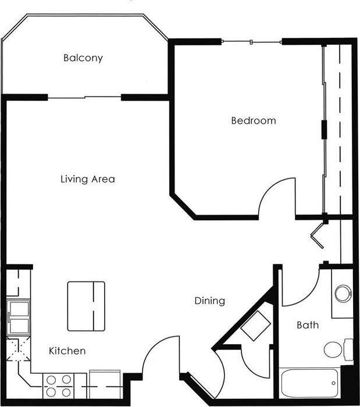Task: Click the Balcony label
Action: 83,58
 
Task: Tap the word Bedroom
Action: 254,121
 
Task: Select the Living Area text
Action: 88,179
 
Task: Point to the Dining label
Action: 209,301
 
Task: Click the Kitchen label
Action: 67,351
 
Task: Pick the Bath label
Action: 307,325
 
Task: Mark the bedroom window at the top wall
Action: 252,41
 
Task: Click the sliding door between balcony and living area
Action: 85,97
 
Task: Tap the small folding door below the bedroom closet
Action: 319,233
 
